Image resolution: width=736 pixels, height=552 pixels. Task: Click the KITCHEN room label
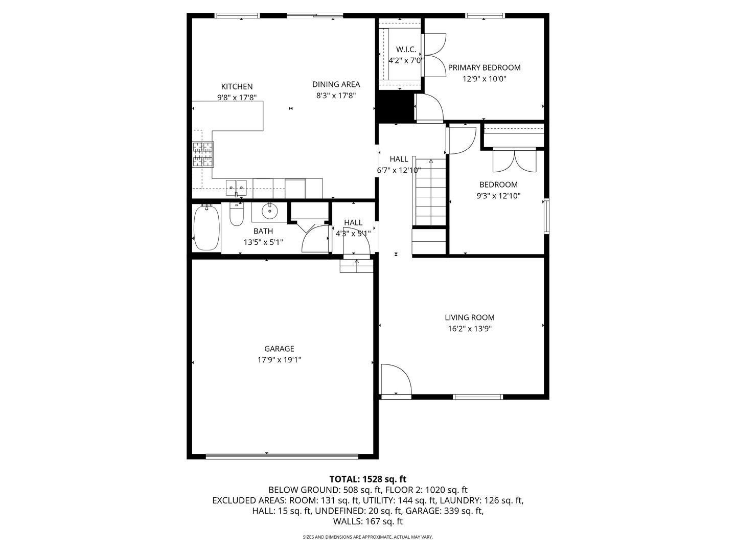coord(237,86)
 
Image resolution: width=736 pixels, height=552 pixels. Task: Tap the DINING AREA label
coord(336,84)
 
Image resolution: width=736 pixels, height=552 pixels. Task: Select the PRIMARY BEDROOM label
coord(484,67)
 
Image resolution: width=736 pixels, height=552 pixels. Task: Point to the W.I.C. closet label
coord(406,50)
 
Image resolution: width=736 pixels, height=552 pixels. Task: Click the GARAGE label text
coord(279,349)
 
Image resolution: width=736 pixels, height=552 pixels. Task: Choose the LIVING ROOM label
coord(469,317)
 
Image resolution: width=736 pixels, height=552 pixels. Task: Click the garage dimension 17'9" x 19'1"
coord(279,360)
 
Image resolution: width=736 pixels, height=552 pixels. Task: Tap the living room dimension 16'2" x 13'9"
coord(469,329)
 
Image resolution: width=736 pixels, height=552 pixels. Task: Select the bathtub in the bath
coord(206,227)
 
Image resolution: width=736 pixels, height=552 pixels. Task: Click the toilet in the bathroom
coord(236,215)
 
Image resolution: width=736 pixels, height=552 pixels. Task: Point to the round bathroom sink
coord(269,210)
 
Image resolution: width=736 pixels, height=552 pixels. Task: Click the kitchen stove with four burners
coord(203,154)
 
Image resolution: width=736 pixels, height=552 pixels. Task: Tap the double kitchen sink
coord(236,187)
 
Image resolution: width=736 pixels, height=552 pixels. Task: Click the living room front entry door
coord(396,380)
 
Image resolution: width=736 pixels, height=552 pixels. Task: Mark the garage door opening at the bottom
coord(282,455)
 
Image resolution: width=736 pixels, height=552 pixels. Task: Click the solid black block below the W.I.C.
coord(394,107)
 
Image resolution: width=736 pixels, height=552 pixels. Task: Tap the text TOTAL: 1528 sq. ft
coord(367,479)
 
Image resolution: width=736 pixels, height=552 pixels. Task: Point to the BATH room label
coord(263,231)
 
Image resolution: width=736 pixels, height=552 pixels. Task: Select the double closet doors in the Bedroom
coord(514,160)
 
